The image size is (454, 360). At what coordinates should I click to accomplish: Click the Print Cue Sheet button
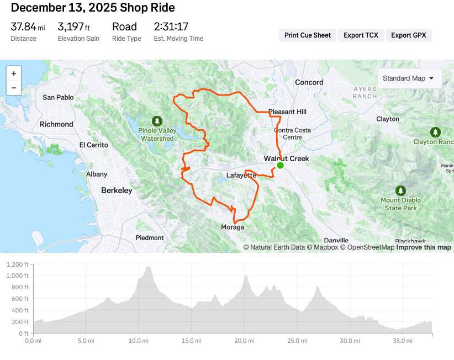pyautogui.click(x=307, y=35)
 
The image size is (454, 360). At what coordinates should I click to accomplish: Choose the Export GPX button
pyautogui.click(x=409, y=35)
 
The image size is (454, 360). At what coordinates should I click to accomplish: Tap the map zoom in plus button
pyautogui.click(x=14, y=73)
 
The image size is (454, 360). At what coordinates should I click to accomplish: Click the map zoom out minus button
pyautogui.click(x=14, y=88)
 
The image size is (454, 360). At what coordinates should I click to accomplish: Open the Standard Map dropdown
pyautogui.click(x=408, y=78)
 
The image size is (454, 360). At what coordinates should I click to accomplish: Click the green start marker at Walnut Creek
pyautogui.click(x=280, y=165)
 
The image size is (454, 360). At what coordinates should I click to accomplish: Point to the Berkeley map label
pyautogui.click(x=117, y=190)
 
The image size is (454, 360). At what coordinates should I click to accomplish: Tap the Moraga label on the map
pyautogui.click(x=233, y=227)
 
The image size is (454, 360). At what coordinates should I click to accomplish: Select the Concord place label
pyautogui.click(x=309, y=82)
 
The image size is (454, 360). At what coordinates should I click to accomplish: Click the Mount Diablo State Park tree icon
pyautogui.click(x=400, y=188)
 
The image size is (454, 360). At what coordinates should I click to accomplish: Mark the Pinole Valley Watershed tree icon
pyautogui.click(x=157, y=120)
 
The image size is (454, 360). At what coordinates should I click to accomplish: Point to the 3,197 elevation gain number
pyautogui.click(x=71, y=27)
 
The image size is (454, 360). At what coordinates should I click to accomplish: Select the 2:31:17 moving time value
pyautogui.click(x=171, y=27)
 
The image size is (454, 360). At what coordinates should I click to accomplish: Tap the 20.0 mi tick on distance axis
pyautogui.click(x=244, y=341)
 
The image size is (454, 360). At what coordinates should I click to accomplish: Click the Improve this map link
pyautogui.click(x=424, y=247)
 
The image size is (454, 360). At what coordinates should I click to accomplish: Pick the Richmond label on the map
pyautogui.click(x=56, y=124)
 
